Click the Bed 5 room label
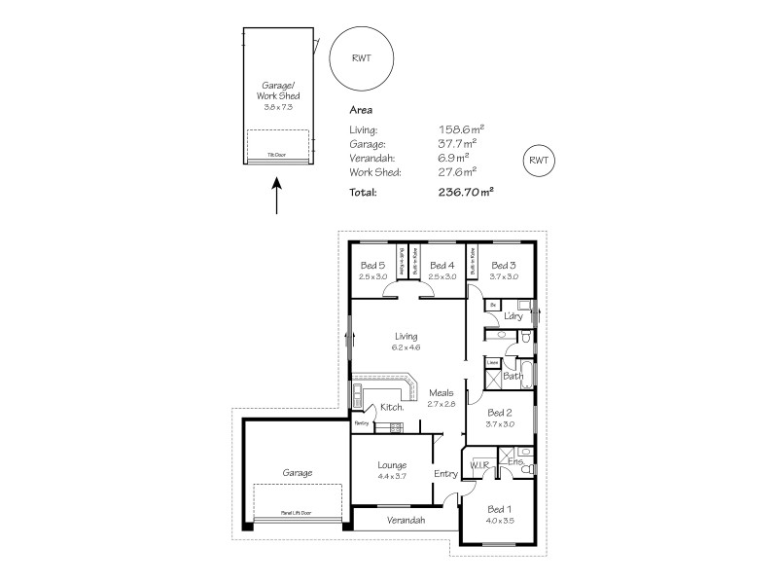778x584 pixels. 373,265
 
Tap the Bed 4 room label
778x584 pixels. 442,265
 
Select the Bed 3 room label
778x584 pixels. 503,265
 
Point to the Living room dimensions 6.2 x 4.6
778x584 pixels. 407,347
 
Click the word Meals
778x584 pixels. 442,392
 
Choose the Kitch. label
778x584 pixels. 392,409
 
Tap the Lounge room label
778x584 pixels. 393,465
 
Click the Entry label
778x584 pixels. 445,474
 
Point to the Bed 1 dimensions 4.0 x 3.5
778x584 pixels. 499,520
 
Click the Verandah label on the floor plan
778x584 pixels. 406,521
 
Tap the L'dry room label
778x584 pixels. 514,316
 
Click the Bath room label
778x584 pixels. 513,375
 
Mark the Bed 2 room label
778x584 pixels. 499,412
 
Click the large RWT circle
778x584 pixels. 361,57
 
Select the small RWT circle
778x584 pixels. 539,161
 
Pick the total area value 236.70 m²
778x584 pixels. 466,192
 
